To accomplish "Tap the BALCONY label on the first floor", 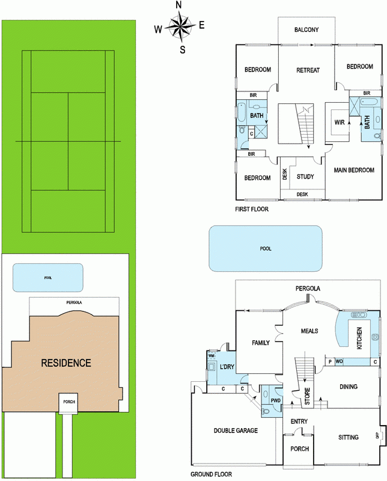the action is [x=306, y=29].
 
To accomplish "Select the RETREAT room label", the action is [x=308, y=70].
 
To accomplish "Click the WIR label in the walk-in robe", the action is [x=340, y=123].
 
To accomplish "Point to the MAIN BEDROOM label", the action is [x=354, y=170].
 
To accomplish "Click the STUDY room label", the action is [x=305, y=177].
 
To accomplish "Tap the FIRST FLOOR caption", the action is [x=251, y=209].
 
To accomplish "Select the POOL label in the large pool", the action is [x=266, y=248].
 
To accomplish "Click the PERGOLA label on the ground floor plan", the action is [x=308, y=289].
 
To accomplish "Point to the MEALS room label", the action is [x=309, y=331].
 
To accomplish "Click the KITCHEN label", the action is [x=359, y=338].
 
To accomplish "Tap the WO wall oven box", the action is [x=339, y=362].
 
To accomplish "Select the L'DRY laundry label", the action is [x=227, y=366].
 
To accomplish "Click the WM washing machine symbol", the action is [x=212, y=355].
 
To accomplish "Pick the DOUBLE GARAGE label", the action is [x=236, y=430].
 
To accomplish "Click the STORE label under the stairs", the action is [x=307, y=396].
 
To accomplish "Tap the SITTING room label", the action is [x=349, y=437].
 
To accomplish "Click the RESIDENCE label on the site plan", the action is [x=66, y=363].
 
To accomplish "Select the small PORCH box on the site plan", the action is [x=69, y=402].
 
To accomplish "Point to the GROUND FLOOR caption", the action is [x=212, y=474].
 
